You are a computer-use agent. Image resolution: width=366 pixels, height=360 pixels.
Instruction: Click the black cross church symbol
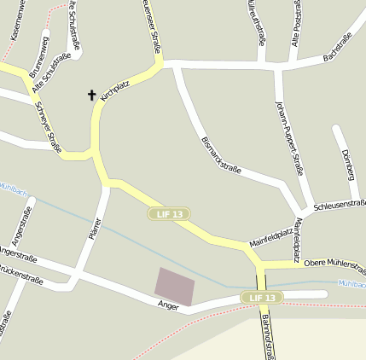[x=91, y=95]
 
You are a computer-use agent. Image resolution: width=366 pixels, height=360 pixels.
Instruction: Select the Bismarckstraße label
[x=219, y=154]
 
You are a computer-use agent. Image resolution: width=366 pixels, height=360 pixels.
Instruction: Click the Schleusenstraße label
[x=340, y=205]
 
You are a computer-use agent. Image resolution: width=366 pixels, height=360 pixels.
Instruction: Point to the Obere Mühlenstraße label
[x=334, y=264]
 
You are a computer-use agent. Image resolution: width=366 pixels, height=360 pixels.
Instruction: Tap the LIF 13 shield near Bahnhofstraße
[x=261, y=297]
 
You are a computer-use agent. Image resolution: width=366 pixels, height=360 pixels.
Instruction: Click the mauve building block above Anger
[x=174, y=283]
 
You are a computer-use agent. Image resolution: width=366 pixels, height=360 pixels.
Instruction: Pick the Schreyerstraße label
[x=48, y=128]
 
